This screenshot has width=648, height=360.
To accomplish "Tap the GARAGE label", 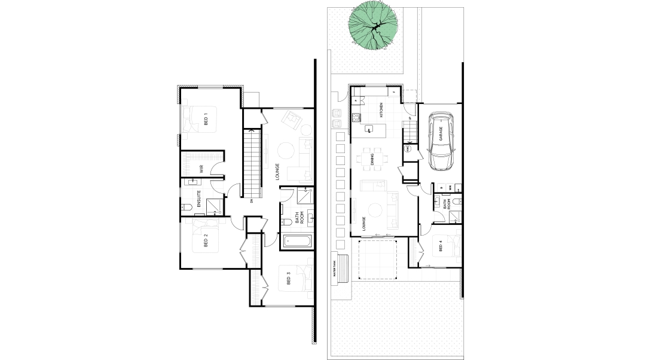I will click(x=441, y=133).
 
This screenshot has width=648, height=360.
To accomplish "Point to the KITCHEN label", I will click(x=381, y=111).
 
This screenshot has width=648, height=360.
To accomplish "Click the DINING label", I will click(x=372, y=159).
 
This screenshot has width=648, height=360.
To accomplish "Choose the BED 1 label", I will click(x=206, y=119).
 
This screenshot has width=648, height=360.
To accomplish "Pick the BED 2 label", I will click(x=206, y=241).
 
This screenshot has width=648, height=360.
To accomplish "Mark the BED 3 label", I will click(x=288, y=279).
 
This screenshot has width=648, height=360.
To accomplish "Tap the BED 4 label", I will click(x=441, y=246).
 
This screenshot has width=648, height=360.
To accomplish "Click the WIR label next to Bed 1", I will click(x=201, y=169).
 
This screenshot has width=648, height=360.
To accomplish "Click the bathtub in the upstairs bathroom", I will click(x=297, y=242).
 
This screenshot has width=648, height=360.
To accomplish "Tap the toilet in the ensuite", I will click(x=187, y=207).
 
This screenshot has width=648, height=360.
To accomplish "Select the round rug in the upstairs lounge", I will click(x=284, y=150).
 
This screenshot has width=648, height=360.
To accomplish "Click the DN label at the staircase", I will click(x=252, y=201).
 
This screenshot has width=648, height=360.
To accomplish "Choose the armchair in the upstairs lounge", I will click(x=293, y=120).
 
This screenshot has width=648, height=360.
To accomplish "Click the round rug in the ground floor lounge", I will click(x=376, y=210).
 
